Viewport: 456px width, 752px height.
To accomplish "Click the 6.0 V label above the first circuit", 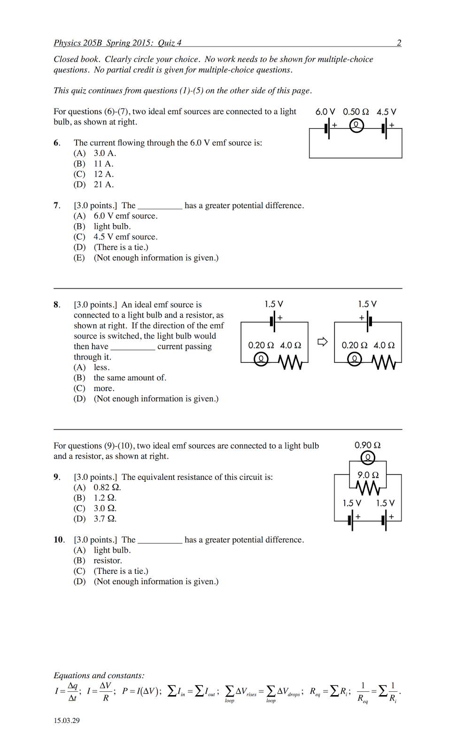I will [x=325, y=112].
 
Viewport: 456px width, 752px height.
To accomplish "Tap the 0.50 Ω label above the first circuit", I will [x=356, y=112].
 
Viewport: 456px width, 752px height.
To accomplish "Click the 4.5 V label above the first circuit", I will [x=386, y=112].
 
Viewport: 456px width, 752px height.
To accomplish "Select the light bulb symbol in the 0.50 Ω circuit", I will [x=356, y=125].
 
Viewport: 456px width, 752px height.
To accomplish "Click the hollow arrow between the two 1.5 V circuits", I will [x=322, y=342].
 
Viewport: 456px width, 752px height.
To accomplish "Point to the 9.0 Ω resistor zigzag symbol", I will [x=368, y=488].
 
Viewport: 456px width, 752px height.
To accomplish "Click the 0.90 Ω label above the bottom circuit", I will [x=367, y=445].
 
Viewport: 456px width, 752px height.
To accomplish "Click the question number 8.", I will [x=56, y=305].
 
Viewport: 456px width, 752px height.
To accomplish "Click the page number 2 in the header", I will [x=399, y=43].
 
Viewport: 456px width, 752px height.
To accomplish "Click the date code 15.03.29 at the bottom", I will [x=67, y=721].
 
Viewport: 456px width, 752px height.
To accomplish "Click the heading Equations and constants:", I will [x=99, y=675].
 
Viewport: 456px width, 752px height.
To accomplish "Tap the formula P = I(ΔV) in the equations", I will [x=141, y=691].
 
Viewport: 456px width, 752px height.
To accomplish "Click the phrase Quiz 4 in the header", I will [x=170, y=43].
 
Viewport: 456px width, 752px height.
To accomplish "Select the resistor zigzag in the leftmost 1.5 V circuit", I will [x=290, y=361].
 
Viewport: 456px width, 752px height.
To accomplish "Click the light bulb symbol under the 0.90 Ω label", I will [x=368, y=457].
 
